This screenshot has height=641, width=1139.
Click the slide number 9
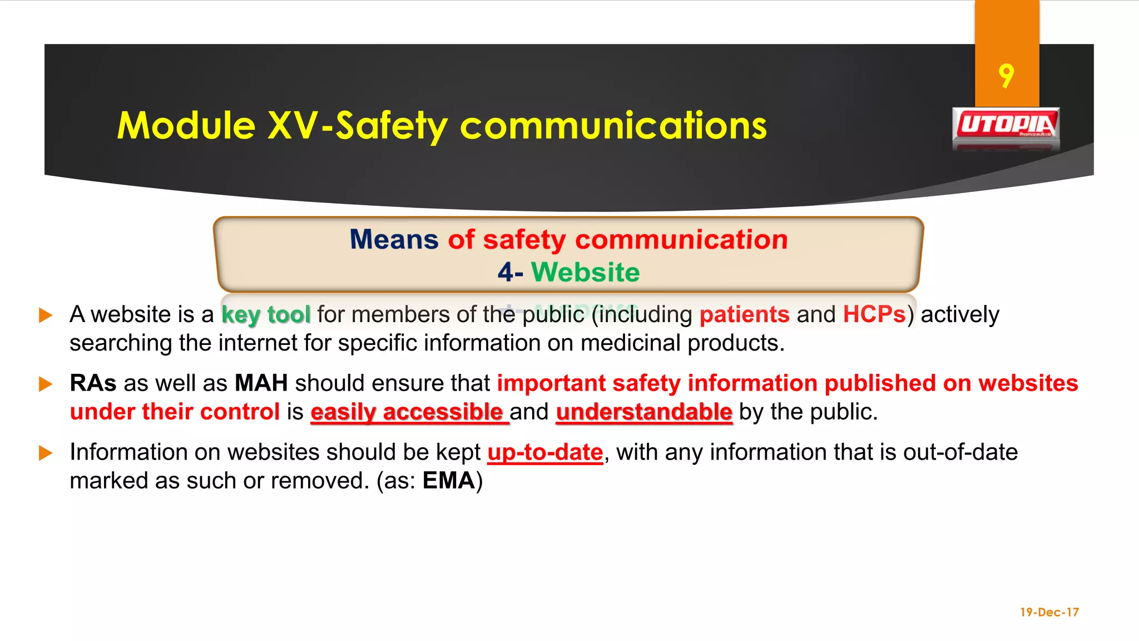[1006, 76]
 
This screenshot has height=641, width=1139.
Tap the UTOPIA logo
[1006, 125]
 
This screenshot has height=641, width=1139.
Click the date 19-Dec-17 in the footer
[1049, 612]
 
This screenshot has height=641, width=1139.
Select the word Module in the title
[186, 126]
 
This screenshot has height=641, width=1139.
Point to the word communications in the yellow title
[613, 126]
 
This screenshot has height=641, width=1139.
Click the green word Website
[585, 273]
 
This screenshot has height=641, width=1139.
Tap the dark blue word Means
[394, 240]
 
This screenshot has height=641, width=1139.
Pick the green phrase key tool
[266, 315]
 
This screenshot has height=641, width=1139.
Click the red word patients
[744, 315]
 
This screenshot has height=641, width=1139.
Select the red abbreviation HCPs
[874, 315]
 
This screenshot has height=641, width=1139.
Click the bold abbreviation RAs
[93, 383]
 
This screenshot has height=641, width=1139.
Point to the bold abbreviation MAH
[261, 383]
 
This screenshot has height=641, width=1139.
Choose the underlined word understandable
[644, 412]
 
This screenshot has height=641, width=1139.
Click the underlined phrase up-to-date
[545, 452]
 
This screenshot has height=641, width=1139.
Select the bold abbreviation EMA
[448, 481]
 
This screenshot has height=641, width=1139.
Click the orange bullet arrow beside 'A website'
[46, 315]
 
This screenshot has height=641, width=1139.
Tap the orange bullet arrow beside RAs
[46, 384]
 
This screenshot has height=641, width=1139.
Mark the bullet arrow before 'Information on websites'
[46, 453]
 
